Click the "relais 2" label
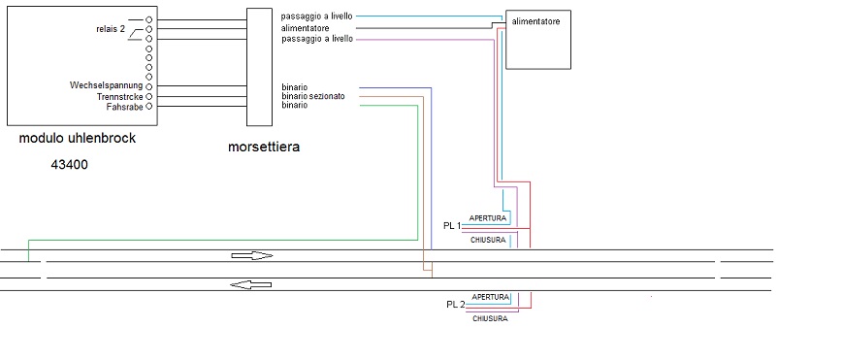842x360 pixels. (x=110, y=30)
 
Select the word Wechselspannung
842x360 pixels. (x=107, y=85)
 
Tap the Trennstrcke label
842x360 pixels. (x=118, y=96)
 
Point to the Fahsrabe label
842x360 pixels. (x=124, y=107)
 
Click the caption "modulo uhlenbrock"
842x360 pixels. (x=78, y=139)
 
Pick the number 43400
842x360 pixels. (x=71, y=165)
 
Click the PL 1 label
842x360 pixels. (x=451, y=225)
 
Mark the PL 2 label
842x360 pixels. (x=455, y=304)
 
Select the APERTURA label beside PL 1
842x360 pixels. (x=487, y=217)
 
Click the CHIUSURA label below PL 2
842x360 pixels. (x=490, y=318)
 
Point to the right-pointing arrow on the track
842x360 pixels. (x=252, y=256)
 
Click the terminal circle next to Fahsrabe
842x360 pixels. (x=149, y=107)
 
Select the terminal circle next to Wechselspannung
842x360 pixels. (x=149, y=86)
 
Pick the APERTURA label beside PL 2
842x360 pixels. (x=490, y=297)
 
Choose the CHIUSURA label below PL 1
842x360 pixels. (x=487, y=240)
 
